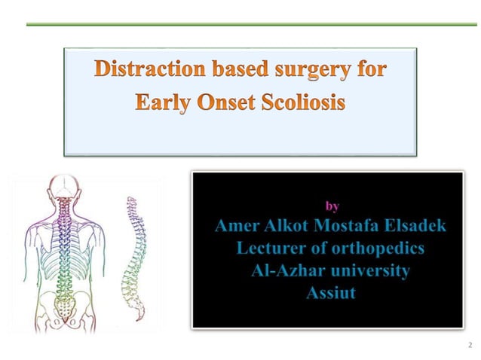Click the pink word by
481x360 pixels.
coord(331,206)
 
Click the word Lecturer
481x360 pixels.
coord(274,248)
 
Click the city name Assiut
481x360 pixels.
coord(330,293)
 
